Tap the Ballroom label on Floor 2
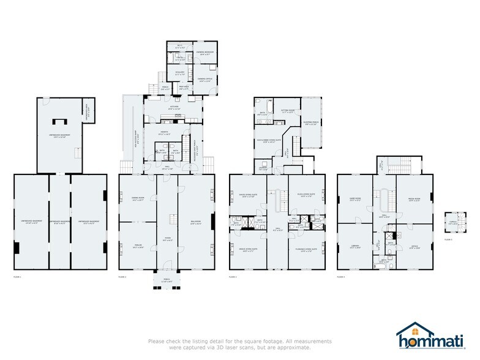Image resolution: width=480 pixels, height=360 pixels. point(196,223)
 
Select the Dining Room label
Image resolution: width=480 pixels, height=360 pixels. point(137,198)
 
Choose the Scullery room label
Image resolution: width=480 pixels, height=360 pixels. point(180,73)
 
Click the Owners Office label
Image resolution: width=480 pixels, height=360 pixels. point(204,80)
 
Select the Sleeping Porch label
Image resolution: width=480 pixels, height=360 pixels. point(311,124)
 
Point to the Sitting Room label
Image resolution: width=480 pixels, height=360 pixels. point(288,111)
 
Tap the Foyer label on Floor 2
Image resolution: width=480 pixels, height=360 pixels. point(167,239)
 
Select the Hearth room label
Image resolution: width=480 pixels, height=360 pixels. point(165,133)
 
